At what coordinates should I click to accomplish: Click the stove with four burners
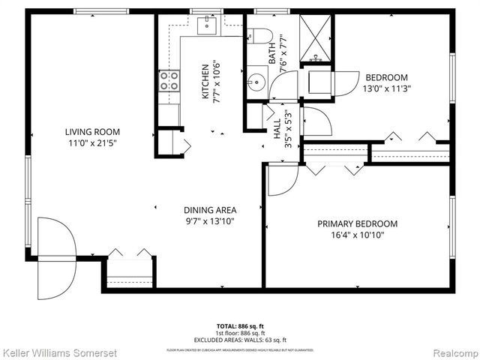click(169, 80)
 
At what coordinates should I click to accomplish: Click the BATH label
click(272, 52)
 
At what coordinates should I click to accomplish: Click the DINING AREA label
click(210, 210)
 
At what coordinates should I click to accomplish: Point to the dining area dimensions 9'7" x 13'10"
click(210, 220)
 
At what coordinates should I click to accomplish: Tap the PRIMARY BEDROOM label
click(357, 223)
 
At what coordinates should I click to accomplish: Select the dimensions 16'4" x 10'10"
click(357, 234)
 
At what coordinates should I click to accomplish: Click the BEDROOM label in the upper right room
click(386, 77)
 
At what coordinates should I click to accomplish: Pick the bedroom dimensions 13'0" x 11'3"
click(386, 88)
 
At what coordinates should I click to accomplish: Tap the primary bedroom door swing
click(283, 180)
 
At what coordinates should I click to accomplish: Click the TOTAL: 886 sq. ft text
click(240, 326)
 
